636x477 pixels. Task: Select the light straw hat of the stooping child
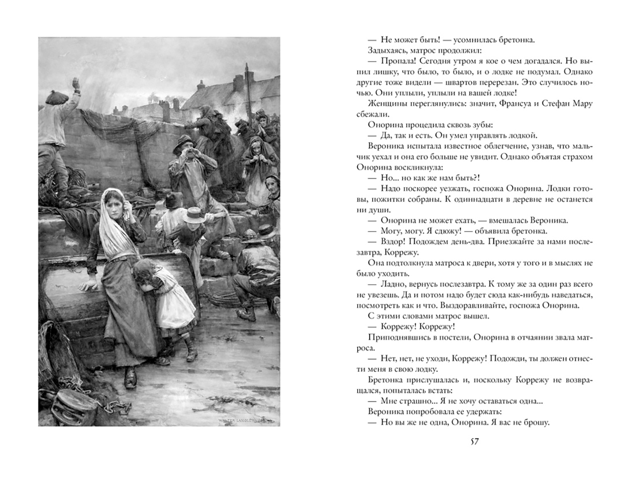(194, 215)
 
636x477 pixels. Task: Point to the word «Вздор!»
(392, 242)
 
